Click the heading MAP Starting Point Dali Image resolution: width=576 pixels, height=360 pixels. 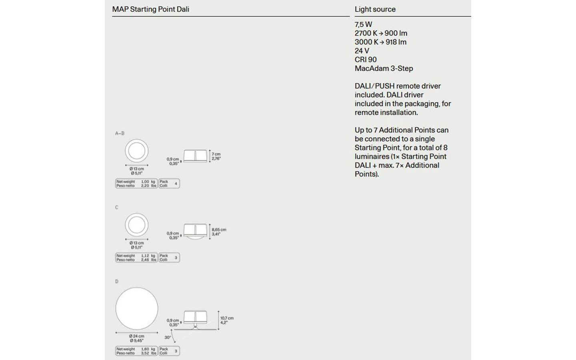point(151,9)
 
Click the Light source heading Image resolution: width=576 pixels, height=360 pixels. point(375,9)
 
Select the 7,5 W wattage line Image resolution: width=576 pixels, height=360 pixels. point(363,24)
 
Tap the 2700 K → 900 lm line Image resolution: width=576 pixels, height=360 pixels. point(381,33)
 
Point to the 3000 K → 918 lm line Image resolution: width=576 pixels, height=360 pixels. point(380,42)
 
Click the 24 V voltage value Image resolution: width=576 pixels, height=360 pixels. point(362,51)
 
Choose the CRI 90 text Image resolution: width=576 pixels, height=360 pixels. point(366,60)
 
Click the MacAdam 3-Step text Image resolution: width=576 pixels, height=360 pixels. point(384,68)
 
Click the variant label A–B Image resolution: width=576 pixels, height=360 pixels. point(120,133)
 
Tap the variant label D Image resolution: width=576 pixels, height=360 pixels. point(117,282)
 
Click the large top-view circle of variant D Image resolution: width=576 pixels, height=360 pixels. point(137,308)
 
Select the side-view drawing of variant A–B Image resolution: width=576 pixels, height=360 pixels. point(195,156)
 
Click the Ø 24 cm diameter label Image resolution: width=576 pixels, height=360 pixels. point(136,336)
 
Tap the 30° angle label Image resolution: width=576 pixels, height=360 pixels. point(168,338)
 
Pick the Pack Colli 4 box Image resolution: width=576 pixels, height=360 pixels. point(169,184)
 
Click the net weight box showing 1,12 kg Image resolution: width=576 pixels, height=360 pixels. point(136,258)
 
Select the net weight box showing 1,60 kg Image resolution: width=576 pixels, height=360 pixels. point(136,351)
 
